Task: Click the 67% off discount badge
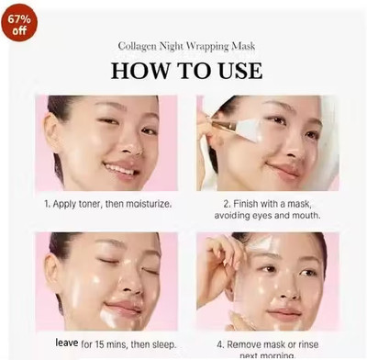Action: click(x=19, y=23)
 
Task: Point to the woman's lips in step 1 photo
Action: click(x=119, y=168)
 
